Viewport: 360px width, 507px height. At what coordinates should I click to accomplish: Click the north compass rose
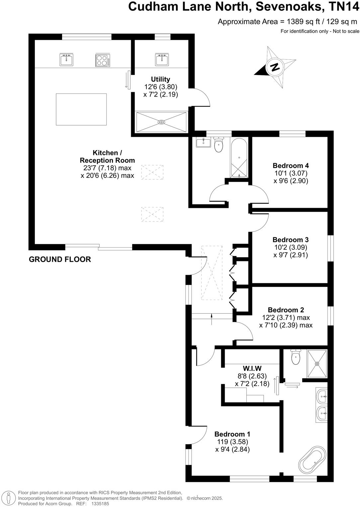[x=275, y=67]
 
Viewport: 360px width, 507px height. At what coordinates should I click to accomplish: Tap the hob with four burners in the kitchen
[x=103, y=60]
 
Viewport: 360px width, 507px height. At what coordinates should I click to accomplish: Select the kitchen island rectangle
[x=81, y=109]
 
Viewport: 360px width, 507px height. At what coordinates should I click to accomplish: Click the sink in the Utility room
[x=162, y=60]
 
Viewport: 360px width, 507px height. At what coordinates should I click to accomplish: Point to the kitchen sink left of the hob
[x=66, y=60]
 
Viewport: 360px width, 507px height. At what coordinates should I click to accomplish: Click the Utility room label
[x=160, y=79]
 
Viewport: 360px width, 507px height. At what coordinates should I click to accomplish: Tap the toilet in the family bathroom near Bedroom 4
[x=219, y=145]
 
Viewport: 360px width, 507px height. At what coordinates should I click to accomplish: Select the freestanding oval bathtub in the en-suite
[x=312, y=459]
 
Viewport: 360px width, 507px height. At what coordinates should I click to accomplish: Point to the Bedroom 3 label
[x=291, y=240]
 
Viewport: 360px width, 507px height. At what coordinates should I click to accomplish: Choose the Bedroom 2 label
[x=286, y=310]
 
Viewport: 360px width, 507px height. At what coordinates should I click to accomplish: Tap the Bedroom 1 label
[x=232, y=434]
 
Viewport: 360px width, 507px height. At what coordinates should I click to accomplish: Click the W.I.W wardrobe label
[x=252, y=368]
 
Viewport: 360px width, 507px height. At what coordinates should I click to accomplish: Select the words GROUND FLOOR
[x=60, y=259]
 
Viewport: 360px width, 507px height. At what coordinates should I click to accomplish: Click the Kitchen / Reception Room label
[x=107, y=157]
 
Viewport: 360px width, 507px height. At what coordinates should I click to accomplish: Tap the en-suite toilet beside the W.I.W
[x=295, y=357]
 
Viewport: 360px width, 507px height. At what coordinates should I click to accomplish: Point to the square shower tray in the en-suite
[x=317, y=363]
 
